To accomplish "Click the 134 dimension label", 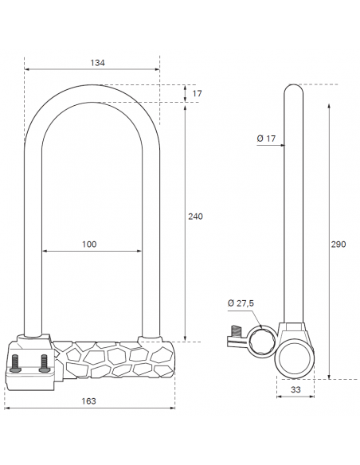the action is (x=97, y=63).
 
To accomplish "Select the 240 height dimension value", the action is (x=195, y=217).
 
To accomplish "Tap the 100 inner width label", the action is (x=89, y=244).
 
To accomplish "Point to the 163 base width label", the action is (x=88, y=401).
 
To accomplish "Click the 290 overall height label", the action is (x=338, y=244).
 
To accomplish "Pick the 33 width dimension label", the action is (x=295, y=389).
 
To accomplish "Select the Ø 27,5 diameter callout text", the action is (x=241, y=303).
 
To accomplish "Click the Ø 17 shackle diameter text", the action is (x=266, y=139).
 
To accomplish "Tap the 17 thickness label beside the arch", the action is (x=198, y=94).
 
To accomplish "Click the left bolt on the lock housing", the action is (x=15, y=363).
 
